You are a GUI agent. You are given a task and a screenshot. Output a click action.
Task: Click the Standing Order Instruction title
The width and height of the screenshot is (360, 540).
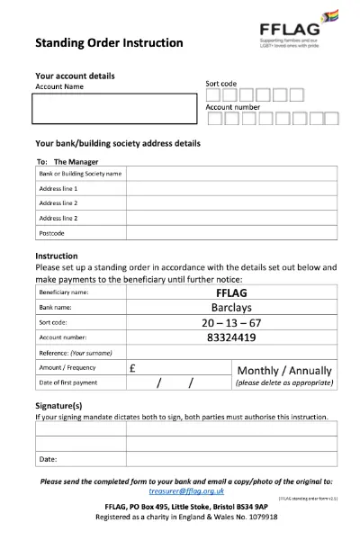(x=108, y=42)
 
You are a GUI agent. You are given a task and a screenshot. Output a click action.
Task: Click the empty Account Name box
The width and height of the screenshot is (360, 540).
(x=112, y=108)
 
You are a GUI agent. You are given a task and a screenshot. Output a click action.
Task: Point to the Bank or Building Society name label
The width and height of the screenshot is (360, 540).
(x=80, y=173)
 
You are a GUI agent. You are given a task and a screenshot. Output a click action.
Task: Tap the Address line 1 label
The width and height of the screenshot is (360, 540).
(x=58, y=188)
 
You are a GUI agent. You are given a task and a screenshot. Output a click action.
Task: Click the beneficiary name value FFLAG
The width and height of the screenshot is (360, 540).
(x=231, y=292)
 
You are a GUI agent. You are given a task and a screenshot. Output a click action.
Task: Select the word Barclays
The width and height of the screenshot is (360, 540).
(x=231, y=307)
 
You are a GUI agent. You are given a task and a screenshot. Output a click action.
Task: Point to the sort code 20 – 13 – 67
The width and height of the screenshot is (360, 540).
(x=231, y=322)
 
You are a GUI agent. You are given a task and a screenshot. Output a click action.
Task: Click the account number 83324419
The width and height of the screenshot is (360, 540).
(x=231, y=337)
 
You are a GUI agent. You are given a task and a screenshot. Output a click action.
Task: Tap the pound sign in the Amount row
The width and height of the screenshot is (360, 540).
(x=132, y=368)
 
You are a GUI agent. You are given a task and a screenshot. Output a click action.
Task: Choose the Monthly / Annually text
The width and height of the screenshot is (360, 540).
(x=283, y=370)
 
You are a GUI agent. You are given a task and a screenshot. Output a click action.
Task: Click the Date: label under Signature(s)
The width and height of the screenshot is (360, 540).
(x=48, y=459)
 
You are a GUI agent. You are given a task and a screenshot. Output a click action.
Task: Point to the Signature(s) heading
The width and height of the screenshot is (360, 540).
(x=58, y=406)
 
